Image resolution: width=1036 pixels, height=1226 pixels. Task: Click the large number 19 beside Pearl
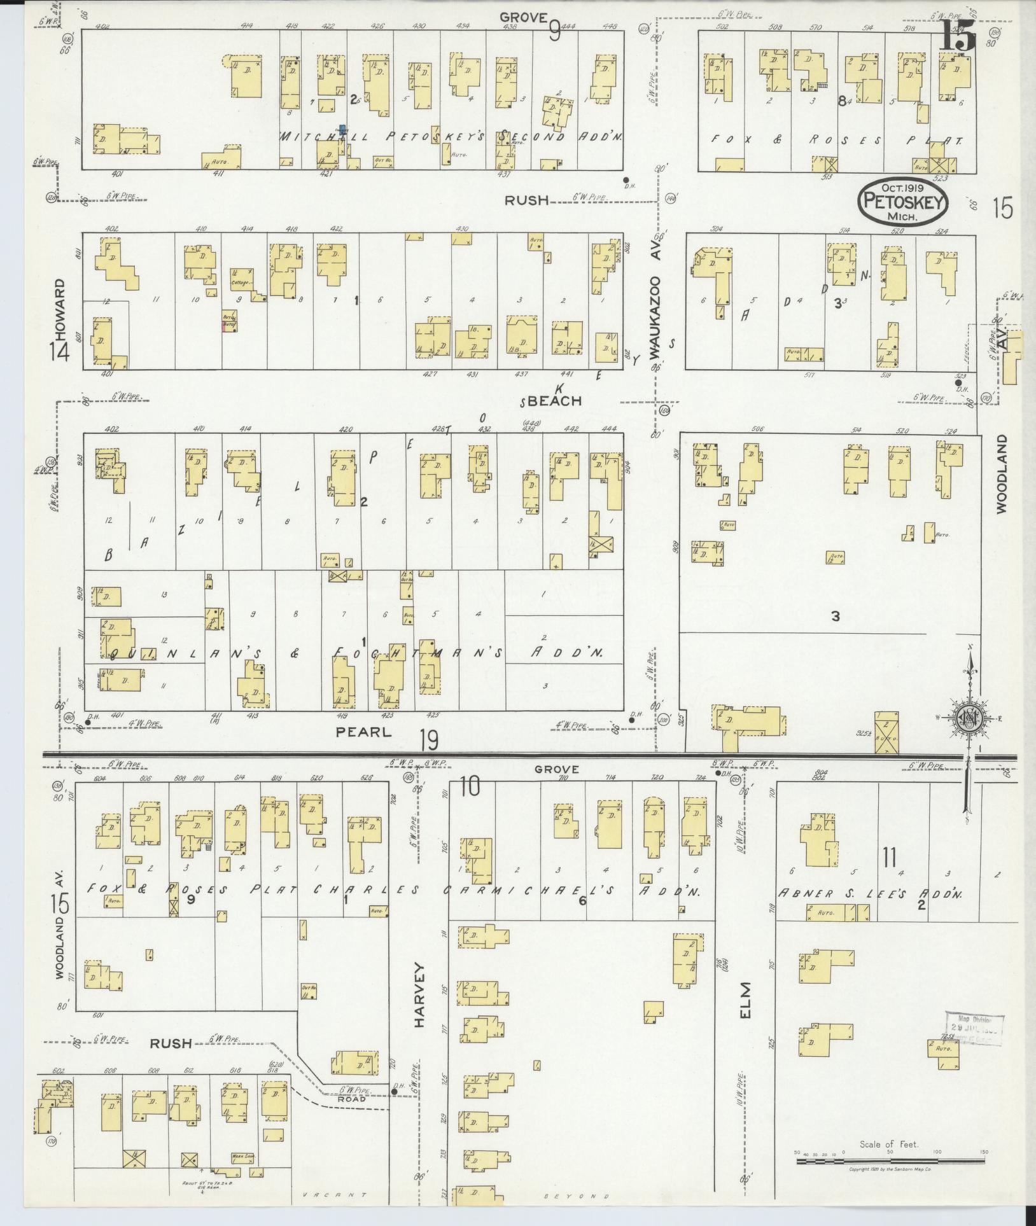pyautogui.click(x=430, y=740)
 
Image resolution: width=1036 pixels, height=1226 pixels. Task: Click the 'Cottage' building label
pyautogui.click(x=242, y=282)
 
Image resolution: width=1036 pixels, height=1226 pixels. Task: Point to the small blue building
pyautogui.click(x=342, y=130)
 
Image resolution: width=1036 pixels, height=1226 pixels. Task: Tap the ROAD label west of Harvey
pyautogui.click(x=351, y=1099)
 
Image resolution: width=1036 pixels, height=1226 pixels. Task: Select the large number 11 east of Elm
pyautogui.click(x=889, y=858)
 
